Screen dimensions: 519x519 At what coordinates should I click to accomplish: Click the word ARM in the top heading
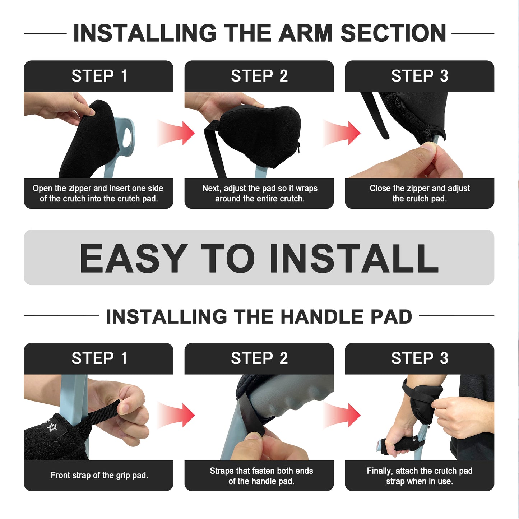(x=306, y=33)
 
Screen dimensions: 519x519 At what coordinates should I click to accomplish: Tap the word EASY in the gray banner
(x=133, y=258)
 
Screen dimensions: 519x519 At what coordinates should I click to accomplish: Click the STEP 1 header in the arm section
(x=99, y=76)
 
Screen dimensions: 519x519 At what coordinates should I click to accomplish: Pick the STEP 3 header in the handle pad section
(x=420, y=358)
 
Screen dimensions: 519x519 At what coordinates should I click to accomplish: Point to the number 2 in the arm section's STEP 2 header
(x=284, y=76)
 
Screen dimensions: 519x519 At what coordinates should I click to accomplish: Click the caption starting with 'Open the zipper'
(x=98, y=193)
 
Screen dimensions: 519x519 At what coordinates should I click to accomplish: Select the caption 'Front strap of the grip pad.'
(x=99, y=475)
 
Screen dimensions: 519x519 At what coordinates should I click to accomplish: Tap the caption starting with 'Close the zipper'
(x=420, y=193)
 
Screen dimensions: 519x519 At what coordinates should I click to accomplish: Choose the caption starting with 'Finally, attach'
(x=420, y=476)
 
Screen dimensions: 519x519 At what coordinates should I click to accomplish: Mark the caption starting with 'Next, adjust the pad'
(x=259, y=193)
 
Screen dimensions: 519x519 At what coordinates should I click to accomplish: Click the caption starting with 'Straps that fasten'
(x=261, y=476)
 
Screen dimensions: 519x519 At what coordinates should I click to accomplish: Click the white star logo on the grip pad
(x=52, y=427)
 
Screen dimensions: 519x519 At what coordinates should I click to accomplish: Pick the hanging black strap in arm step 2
(x=214, y=151)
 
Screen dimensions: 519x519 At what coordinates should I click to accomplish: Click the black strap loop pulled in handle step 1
(x=104, y=412)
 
